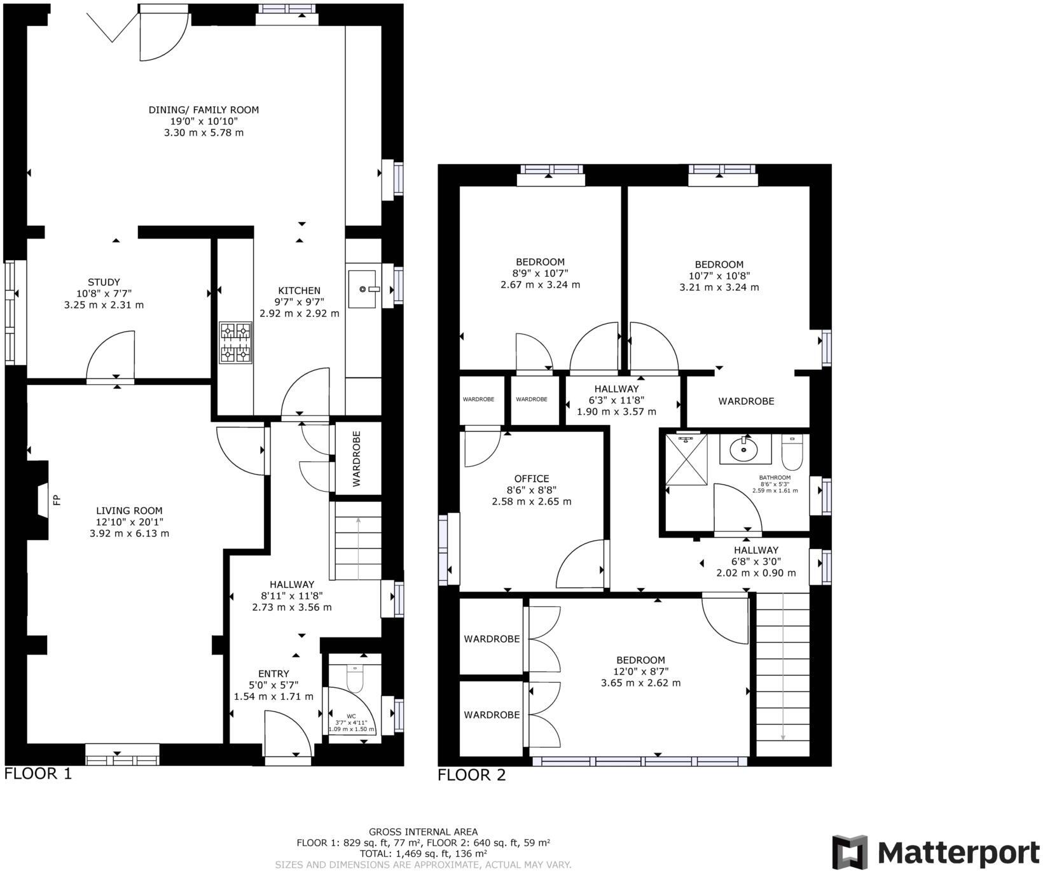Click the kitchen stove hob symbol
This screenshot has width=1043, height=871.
point(235,342)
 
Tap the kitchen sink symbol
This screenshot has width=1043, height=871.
point(364,289)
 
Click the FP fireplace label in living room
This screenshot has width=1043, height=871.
point(57,500)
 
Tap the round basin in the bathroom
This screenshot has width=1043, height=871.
point(743,450)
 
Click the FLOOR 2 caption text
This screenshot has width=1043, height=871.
point(471,775)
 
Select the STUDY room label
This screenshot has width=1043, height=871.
point(104,282)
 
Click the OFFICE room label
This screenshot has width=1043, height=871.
point(532,479)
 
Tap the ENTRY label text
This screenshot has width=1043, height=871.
point(273,674)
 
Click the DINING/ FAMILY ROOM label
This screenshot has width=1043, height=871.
point(204,110)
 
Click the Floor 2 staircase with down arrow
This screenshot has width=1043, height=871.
point(782,674)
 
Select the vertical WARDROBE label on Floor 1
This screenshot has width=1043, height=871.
point(357,458)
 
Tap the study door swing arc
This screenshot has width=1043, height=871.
point(111,356)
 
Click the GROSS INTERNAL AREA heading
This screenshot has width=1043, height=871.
point(423,832)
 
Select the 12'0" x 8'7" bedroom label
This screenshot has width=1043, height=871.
point(640,660)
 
